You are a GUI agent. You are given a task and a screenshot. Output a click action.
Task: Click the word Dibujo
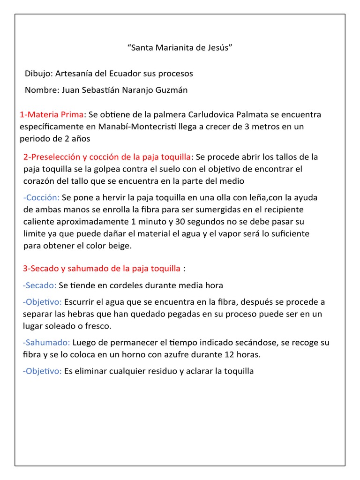39,74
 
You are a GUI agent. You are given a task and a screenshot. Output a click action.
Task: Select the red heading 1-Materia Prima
52,114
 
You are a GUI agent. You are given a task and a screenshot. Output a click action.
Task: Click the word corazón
39,180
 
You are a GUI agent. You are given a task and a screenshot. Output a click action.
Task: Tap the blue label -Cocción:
41,197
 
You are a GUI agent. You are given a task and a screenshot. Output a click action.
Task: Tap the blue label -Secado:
39,285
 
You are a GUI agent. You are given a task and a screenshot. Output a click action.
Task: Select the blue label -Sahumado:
46,343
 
